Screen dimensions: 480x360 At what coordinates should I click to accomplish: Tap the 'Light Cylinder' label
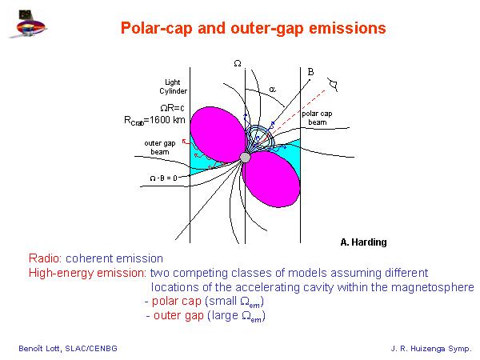pyautogui.click(x=173, y=86)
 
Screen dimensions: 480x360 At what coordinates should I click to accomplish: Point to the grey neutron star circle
pyautogui.click(x=245, y=158)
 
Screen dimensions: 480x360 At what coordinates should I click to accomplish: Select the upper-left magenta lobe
pyautogui.click(x=218, y=134)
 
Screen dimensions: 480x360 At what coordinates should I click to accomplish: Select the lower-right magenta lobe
pyautogui.click(x=271, y=179)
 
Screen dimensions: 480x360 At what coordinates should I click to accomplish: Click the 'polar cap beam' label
pyautogui.click(x=317, y=118)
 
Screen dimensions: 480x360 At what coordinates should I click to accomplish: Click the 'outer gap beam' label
pyautogui.click(x=160, y=147)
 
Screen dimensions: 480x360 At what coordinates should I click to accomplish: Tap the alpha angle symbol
pyautogui.click(x=272, y=89)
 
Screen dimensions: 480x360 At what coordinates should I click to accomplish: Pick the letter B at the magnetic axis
pyautogui.click(x=310, y=72)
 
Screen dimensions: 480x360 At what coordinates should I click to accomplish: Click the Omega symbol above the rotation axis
pyautogui.click(x=238, y=63)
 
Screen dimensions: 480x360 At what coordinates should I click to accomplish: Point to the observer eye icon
pyautogui.click(x=333, y=85)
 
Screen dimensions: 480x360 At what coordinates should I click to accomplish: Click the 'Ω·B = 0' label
pyautogui.click(x=163, y=178)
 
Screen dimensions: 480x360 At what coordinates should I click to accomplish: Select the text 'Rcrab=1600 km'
pyautogui.click(x=154, y=120)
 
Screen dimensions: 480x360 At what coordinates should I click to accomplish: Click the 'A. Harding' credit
pyautogui.click(x=363, y=242)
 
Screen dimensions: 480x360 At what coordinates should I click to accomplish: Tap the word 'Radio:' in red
pyautogui.click(x=46, y=258)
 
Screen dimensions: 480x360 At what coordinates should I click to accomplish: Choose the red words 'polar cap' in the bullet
pyautogui.click(x=177, y=302)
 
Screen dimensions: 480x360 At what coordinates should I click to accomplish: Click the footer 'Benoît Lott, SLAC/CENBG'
pyautogui.click(x=68, y=348)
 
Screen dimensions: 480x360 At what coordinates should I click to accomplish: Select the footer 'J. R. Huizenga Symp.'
pyautogui.click(x=431, y=349)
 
